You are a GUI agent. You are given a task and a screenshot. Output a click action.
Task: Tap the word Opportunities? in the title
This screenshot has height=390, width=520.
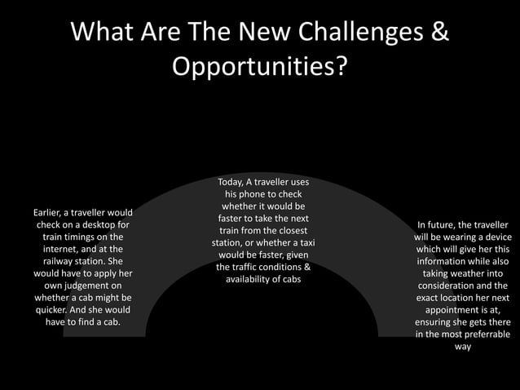click(x=259, y=67)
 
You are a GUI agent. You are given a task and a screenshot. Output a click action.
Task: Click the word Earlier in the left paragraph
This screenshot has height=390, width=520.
click(x=45, y=213)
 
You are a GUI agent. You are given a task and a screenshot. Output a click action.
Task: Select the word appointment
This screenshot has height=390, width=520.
click(x=459, y=310)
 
